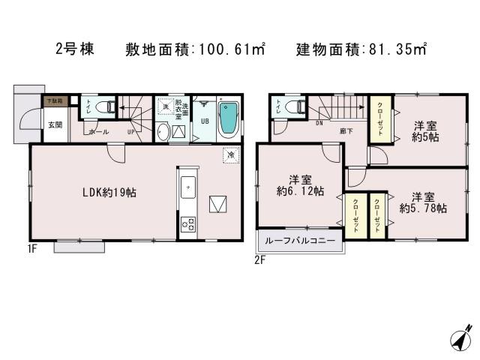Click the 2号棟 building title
75,50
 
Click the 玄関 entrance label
55,124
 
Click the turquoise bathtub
227,118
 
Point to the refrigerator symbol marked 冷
231,155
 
